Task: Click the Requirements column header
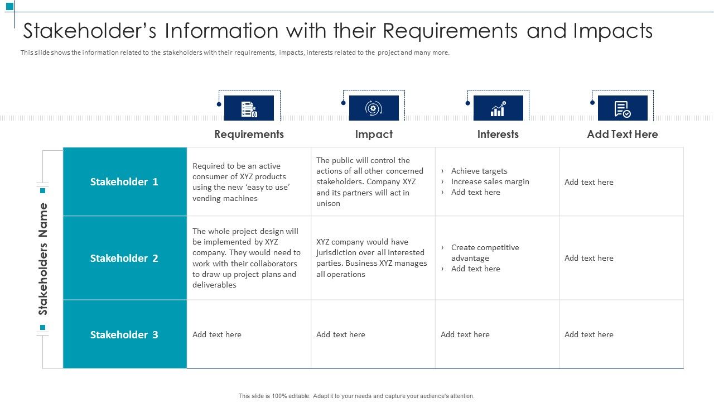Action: tap(249, 134)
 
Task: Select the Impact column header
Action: tap(374, 134)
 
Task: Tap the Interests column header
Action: tap(498, 134)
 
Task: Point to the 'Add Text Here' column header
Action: tap(622, 134)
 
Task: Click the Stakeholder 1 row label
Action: tap(124, 181)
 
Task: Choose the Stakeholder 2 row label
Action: tap(124, 258)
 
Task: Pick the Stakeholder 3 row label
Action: tap(124, 334)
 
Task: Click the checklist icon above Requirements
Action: tap(249, 108)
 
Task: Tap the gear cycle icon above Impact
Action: tap(374, 108)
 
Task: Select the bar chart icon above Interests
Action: tap(498, 108)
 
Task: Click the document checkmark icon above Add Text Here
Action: tap(622, 108)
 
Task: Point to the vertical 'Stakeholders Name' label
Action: tap(43, 259)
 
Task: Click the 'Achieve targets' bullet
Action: tap(479, 171)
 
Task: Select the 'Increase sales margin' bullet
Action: tap(490, 181)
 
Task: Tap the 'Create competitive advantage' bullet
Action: tap(485, 252)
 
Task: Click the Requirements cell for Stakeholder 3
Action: tap(217, 334)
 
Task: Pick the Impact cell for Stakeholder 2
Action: tap(372, 258)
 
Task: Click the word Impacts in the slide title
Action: tap(612, 31)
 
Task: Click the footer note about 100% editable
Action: tap(356, 396)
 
